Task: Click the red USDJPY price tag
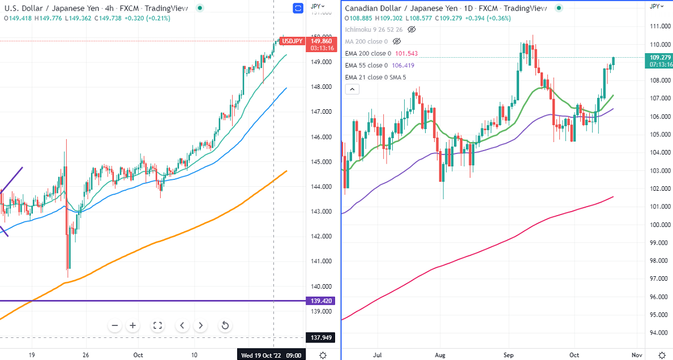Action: (293, 41)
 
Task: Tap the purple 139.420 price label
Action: (321, 301)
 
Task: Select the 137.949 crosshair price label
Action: (321, 338)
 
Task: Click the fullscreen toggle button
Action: (157, 325)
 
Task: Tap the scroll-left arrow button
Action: (182, 325)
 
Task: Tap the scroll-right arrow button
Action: (200, 325)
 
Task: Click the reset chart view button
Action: (225, 325)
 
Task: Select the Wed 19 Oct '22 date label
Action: (271, 355)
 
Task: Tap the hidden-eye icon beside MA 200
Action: (396, 41)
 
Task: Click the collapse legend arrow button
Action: (351, 89)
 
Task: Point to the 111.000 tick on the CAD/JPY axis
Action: (657, 27)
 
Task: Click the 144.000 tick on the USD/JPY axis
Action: (321, 187)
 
